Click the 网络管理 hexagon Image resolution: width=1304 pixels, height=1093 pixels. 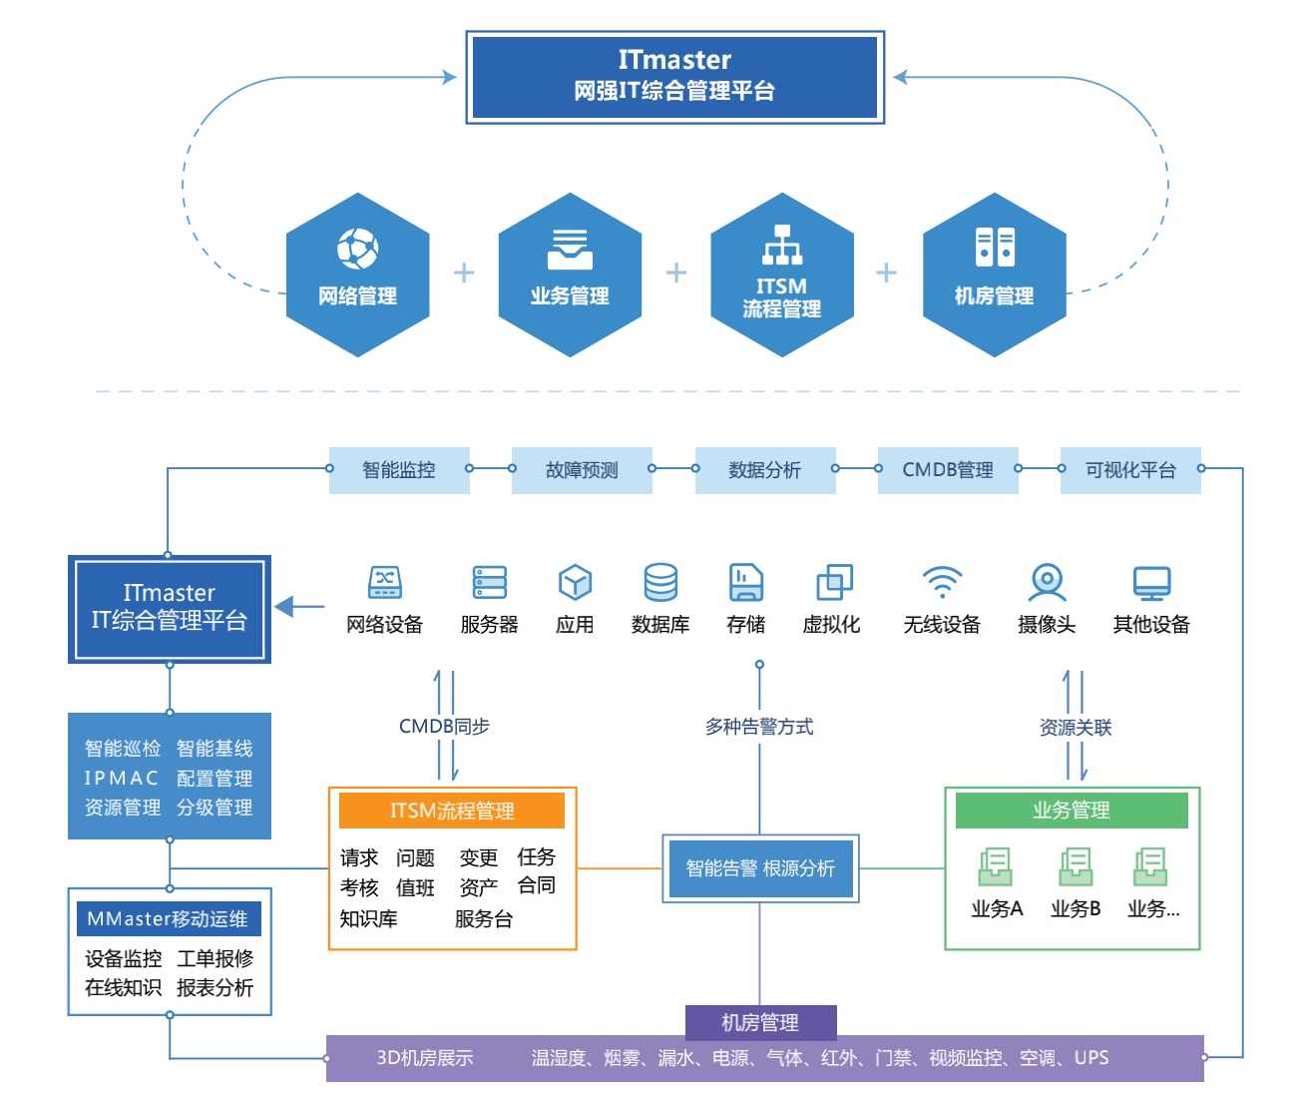pyautogui.click(x=357, y=274)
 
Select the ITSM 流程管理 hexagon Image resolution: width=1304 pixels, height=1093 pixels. pyautogui.click(x=781, y=274)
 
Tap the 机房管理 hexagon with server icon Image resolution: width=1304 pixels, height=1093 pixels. pyautogui.click(x=994, y=274)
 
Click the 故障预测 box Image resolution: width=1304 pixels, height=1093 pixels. pyautogui.click(x=582, y=470)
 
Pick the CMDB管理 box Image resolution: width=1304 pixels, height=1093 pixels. pyautogui.click(x=948, y=470)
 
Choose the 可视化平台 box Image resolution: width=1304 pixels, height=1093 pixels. pyautogui.click(x=1130, y=470)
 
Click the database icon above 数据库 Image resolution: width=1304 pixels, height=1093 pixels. pyautogui.click(x=660, y=582)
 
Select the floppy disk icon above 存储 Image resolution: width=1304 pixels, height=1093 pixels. pyautogui.click(x=745, y=582)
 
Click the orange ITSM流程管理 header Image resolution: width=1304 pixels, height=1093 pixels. pyautogui.click(x=452, y=811)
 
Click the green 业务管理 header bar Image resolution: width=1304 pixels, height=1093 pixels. pyautogui.click(x=1072, y=811)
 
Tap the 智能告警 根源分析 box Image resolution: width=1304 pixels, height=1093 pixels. pyautogui.click(x=760, y=868)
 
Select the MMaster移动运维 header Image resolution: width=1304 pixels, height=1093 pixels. pyautogui.click(x=168, y=919)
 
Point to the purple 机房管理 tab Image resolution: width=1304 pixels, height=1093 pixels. pyautogui.click(x=760, y=1022)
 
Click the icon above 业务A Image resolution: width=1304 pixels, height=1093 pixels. pyautogui.click(x=996, y=866)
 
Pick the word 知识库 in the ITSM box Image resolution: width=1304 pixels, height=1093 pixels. pyautogui.click(x=368, y=918)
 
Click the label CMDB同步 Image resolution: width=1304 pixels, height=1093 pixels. pyautogui.click(x=444, y=727)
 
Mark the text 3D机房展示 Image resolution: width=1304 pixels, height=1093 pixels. pyautogui.click(x=424, y=1058)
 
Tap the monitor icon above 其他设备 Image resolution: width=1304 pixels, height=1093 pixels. pyautogui.click(x=1151, y=582)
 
